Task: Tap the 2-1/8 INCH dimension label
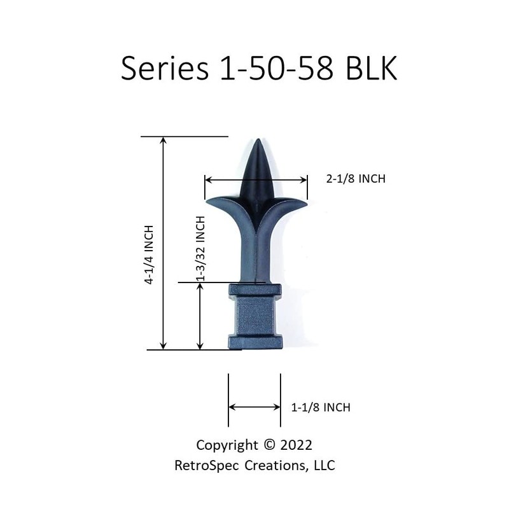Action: (356, 179)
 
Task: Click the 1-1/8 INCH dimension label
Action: (321, 407)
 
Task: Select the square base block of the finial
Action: (254, 318)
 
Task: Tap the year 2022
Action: (295, 445)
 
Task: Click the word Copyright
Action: (227, 445)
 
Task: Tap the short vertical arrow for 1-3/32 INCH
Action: (200, 318)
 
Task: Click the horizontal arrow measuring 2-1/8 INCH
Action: (256, 180)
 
